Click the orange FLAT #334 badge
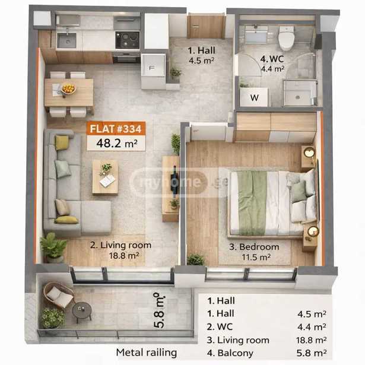116,128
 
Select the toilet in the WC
287,38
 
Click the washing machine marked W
254,97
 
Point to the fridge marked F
153,68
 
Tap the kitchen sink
67,40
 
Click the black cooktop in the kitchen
128,40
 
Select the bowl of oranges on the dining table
68,88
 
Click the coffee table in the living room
105,177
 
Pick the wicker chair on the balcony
59,295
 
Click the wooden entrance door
206,26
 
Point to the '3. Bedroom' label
254,247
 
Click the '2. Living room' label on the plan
120,245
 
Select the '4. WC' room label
272,59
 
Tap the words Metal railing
147,353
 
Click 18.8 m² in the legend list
311,340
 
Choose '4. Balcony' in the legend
230,353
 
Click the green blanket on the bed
252,202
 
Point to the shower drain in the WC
297,97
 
